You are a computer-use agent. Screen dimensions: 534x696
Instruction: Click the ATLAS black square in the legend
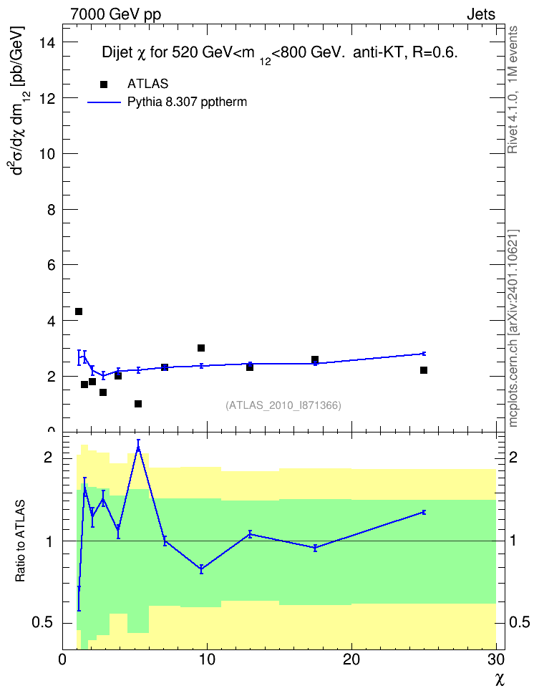tap(103, 84)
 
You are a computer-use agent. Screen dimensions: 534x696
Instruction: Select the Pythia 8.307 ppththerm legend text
tap(187, 102)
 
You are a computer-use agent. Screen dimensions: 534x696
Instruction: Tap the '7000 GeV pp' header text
tap(115, 14)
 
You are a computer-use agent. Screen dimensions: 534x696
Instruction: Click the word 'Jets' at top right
tap(481, 14)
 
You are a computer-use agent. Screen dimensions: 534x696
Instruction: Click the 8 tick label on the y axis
tap(51, 210)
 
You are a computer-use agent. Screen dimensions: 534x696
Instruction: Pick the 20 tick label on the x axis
tap(351, 659)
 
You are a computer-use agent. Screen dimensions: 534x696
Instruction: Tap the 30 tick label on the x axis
tap(496, 659)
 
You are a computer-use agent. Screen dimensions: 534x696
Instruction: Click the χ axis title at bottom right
tap(500, 680)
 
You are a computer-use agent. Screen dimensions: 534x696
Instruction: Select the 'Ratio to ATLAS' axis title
tap(20, 541)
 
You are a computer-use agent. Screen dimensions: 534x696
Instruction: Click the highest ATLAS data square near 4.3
tap(79, 311)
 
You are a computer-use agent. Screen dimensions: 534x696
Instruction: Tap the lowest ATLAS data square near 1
tap(138, 404)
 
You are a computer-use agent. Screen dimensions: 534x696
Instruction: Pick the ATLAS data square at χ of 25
tap(424, 370)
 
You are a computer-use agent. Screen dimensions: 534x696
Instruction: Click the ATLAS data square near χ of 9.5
tap(201, 348)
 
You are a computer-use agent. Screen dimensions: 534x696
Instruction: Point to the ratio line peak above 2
tap(138, 447)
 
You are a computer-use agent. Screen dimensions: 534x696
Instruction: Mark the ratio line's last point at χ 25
tap(424, 512)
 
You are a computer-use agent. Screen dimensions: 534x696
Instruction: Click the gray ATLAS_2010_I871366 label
tap(283, 405)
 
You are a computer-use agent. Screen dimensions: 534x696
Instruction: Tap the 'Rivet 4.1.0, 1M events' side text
tap(513, 90)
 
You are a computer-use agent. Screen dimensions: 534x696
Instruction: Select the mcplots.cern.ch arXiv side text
tap(513, 328)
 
